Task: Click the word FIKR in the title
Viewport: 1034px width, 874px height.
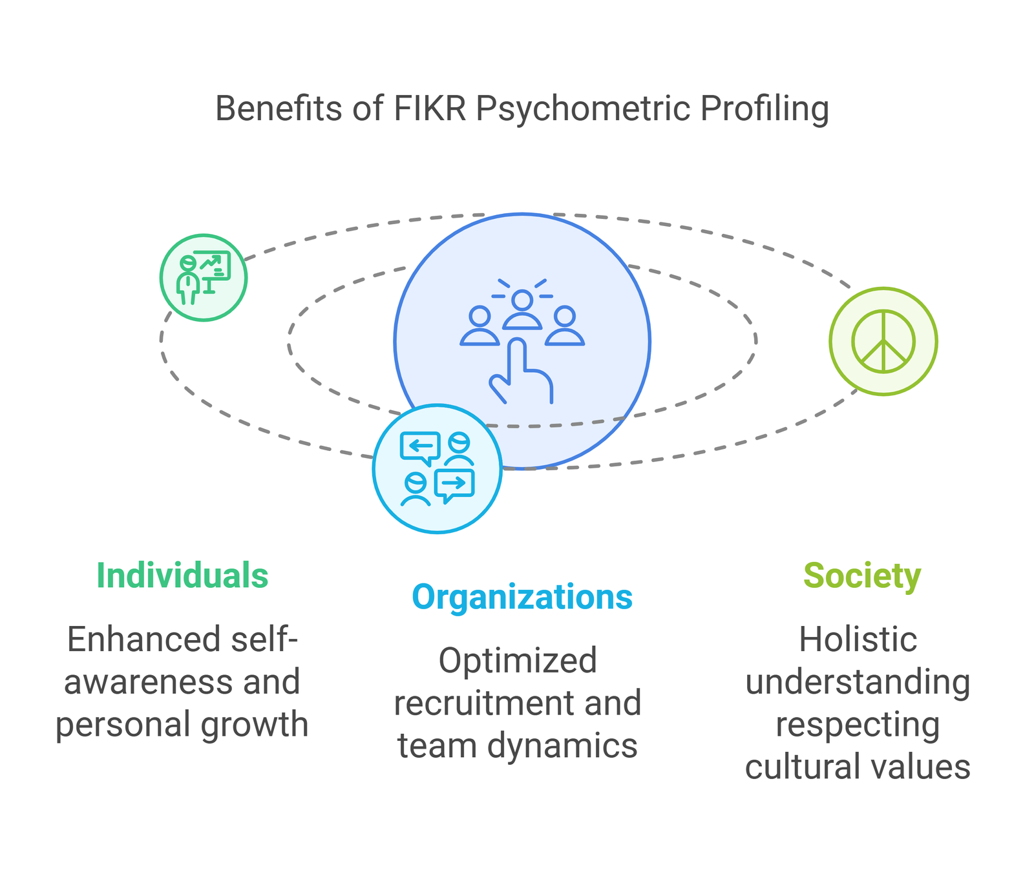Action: tap(430, 109)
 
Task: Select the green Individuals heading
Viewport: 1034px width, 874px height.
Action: tap(182, 575)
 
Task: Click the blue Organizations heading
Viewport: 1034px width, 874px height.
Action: tap(522, 597)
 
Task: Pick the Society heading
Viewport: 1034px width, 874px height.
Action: tap(861, 575)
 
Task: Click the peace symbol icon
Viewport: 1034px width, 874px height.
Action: tap(883, 341)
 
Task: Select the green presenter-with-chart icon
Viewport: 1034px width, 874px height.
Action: tap(204, 278)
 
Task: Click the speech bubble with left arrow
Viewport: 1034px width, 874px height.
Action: tap(420, 447)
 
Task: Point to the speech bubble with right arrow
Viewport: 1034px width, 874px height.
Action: tap(455, 484)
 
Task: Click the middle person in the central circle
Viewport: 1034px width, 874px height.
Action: tap(522, 310)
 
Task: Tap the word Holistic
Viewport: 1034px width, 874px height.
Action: tap(858, 640)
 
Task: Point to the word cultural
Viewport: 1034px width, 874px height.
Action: tap(791, 767)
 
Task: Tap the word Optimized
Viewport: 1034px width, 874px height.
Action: tap(517, 660)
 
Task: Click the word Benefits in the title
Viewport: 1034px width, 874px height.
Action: tap(278, 109)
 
